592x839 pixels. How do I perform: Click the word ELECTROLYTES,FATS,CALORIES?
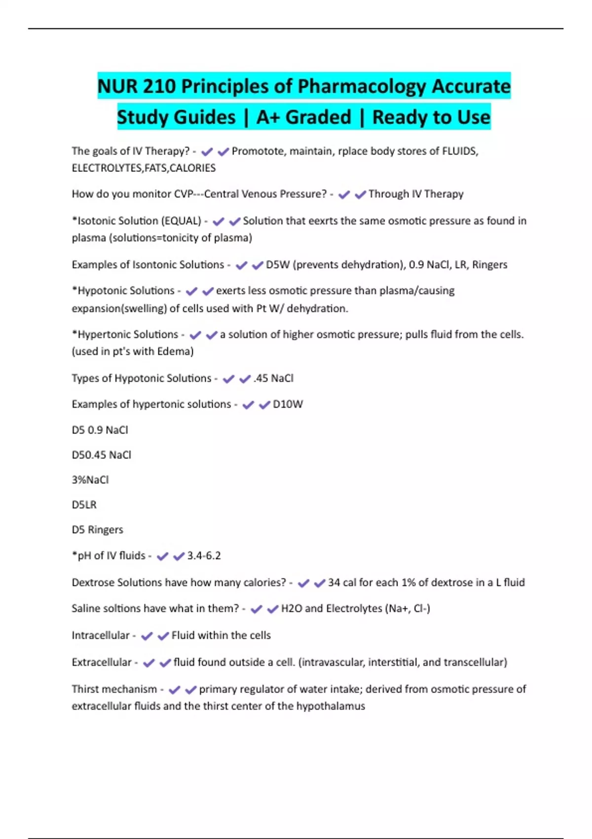pos(144,168)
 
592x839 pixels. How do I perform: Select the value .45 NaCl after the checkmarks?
pos(273,378)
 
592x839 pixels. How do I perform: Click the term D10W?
pos(288,404)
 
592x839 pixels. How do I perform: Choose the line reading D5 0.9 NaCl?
pos(100,430)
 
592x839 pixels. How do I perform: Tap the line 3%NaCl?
pos(90,480)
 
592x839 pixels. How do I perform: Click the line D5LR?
pos(84,505)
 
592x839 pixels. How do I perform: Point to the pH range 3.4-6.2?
pos(204,556)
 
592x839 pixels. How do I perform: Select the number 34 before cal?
pos(333,582)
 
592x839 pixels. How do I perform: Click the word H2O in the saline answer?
pos(291,609)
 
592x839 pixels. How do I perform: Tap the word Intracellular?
pos(101,635)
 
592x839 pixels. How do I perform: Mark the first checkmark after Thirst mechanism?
pos(174,689)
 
